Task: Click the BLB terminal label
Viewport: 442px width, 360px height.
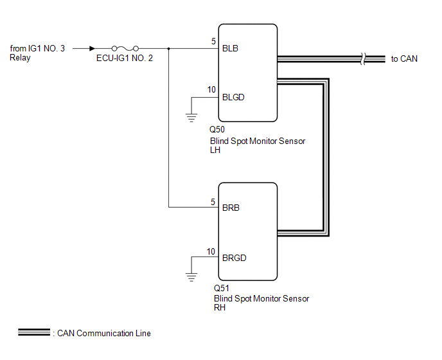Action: pos(230,48)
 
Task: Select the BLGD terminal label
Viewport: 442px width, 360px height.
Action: pos(233,97)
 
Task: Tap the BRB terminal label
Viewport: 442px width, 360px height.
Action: pos(231,208)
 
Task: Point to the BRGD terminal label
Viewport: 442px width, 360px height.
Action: pos(234,258)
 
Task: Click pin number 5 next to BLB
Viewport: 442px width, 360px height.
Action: pos(213,42)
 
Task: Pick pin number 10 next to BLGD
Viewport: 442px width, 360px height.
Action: pos(211,90)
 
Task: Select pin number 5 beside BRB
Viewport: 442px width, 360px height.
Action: pos(213,202)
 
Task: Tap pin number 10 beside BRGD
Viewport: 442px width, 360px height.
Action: pos(211,251)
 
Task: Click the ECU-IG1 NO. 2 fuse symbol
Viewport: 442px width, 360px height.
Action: pos(125,48)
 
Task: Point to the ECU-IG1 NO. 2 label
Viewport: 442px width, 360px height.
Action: pos(125,58)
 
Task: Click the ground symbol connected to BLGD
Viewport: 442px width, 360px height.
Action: pos(191,118)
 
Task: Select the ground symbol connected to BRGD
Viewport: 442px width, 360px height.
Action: pos(191,277)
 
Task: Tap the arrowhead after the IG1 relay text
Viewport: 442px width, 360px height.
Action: pos(92,48)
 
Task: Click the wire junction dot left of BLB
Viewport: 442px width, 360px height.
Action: pos(168,48)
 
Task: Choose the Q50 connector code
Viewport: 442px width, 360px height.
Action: pos(217,129)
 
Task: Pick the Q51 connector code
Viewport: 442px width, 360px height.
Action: pos(221,288)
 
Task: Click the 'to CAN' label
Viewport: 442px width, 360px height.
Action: pos(404,59)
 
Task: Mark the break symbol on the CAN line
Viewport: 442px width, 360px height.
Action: pos(363,59)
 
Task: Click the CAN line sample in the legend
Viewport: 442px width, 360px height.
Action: pos(34,332)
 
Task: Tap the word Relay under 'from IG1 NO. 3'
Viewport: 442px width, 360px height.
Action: pos(20,58)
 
